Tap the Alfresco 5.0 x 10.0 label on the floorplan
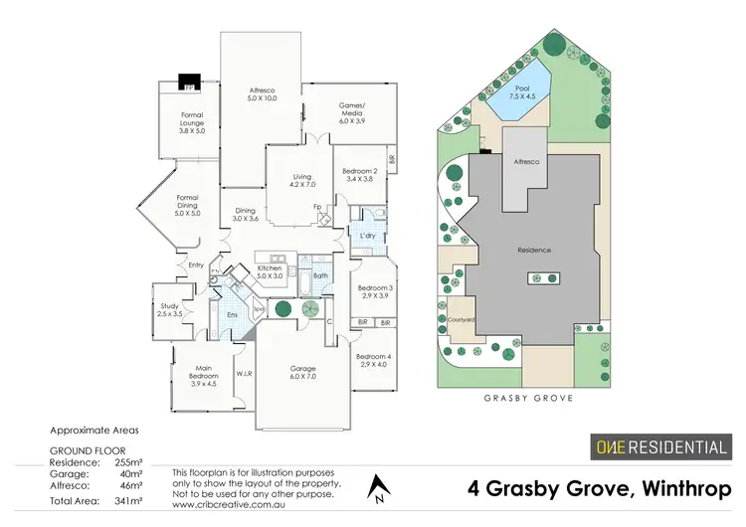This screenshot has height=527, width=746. pos(262,96)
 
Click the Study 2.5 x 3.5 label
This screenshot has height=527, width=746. pos(170,309)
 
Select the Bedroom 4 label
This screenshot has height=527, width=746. pos(374,360)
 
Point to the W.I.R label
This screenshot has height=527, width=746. pos(244,374)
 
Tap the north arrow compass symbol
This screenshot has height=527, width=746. pos(376,487)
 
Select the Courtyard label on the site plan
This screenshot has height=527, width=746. pos(462,319)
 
